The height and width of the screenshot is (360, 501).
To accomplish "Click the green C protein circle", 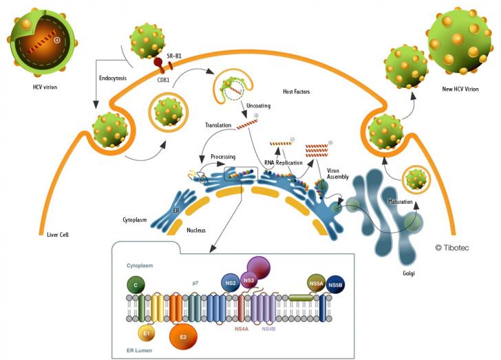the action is [x=136, y=285].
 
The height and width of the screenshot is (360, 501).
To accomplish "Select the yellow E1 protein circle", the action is [x=147, y=333].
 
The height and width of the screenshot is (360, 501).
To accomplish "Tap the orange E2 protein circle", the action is [x=183, y=337].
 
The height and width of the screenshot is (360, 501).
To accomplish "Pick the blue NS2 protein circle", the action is [x=231, y=283].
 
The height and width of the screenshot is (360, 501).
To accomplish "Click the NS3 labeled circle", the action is [x=248, y=280].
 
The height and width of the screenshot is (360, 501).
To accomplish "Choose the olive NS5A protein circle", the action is [x=317, y=283].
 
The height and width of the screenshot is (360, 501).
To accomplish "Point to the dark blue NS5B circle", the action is [x=335, y=285].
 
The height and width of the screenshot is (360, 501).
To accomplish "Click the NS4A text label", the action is [x=242, y=328].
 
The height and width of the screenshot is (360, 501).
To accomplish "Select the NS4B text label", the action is [x=268, y=328].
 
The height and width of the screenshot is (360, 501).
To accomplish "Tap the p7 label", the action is [x=195, y=284].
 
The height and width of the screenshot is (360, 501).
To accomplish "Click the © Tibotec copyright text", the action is [x=452, y=248].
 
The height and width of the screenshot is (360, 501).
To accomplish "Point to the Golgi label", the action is [x=409, y=273].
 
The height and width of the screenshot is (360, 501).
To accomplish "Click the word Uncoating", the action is [x=258, y=105].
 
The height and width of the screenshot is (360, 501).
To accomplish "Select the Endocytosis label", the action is [x=113, y=78].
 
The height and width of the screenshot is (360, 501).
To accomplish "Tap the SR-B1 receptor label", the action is [x=174, y=56].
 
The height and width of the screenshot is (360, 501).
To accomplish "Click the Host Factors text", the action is [x=296, y=92].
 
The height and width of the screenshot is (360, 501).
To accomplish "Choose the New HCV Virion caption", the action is [x=460, y=89].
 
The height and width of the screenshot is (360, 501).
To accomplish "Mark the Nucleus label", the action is [x=196, y=230].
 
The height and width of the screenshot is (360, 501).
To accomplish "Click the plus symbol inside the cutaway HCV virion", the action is [x=57, y=40].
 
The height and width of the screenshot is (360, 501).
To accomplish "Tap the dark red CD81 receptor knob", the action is [x=158, y=62].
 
